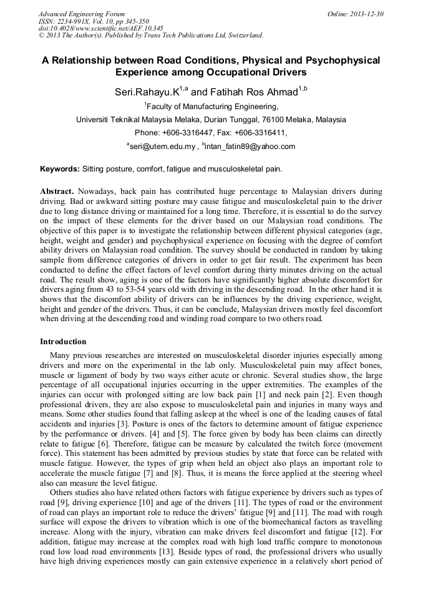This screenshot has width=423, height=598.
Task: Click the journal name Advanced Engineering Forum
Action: [x=82, y=14]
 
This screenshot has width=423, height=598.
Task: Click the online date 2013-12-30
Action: [x=364, y=14]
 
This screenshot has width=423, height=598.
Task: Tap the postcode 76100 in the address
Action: [x=275, y=120]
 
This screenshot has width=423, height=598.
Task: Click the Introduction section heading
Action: [x=63, y=342]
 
